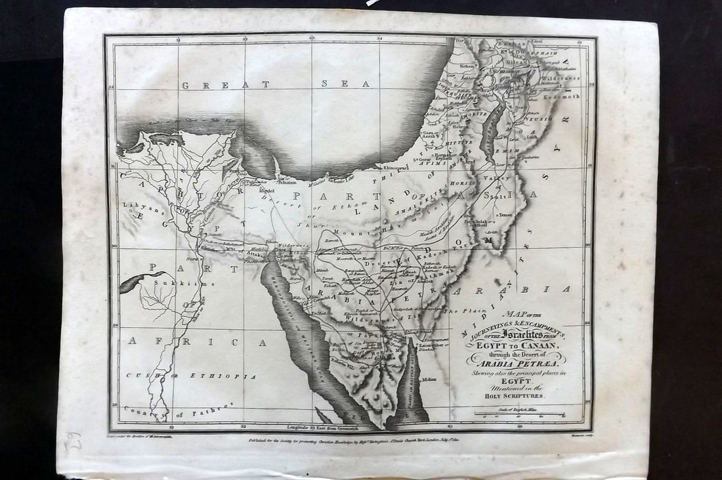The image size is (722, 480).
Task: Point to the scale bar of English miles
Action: [x=521, y=414]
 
